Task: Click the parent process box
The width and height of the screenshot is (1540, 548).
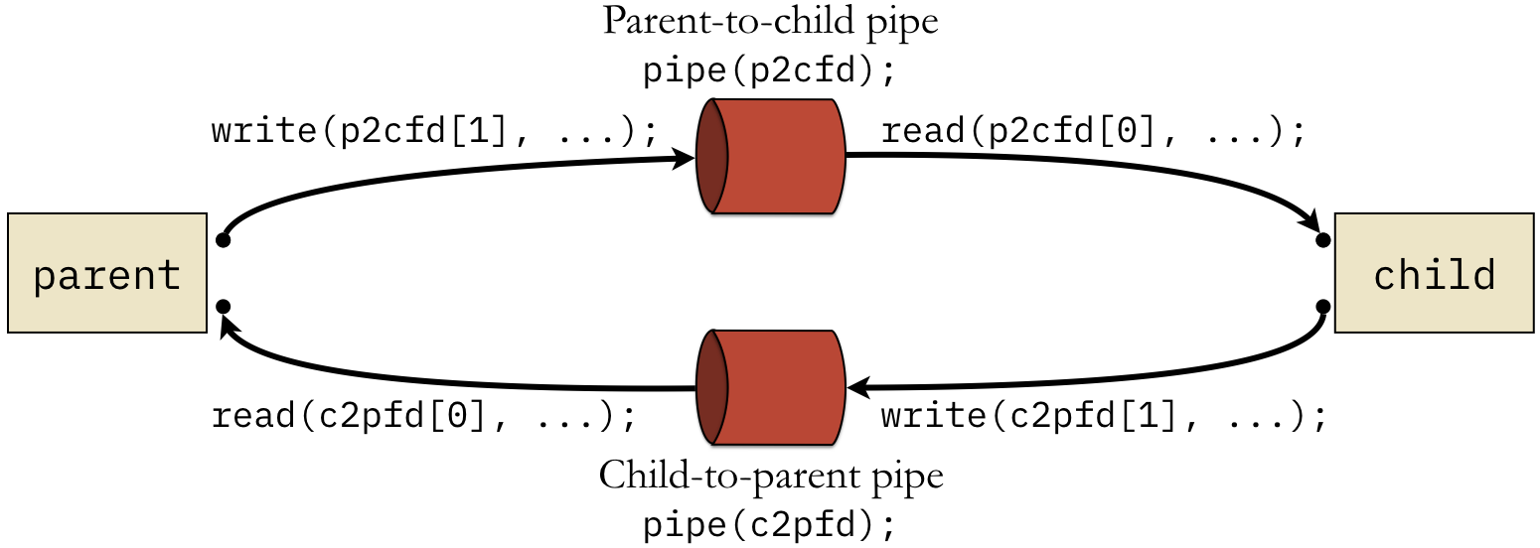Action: (x=107, y=273)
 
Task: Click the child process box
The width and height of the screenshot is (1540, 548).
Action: (x=1434, y=273)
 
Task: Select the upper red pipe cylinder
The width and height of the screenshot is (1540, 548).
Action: (x=771, y=156)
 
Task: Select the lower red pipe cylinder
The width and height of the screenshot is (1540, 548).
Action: (x=771, y=387)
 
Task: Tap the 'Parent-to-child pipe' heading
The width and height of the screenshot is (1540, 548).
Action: (x=771, y=22)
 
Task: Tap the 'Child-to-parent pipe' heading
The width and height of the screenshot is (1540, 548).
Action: (x=771, y=476)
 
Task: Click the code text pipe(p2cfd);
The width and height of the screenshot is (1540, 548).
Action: (x=770, y=70)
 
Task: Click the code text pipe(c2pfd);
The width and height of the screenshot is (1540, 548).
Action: (x=770, y=525)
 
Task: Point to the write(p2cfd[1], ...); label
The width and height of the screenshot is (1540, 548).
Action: (x=434, y=131)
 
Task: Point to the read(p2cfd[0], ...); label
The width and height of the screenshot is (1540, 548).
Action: (x=1093, y=131)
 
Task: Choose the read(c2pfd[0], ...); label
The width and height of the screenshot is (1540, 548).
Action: (x=424, y=416)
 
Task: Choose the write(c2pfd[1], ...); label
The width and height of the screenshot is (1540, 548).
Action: (x=1104, y=416)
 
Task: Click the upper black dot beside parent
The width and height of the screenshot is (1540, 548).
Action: (x=223, y=240)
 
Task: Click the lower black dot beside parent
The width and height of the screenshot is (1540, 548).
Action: (x=223, y=307)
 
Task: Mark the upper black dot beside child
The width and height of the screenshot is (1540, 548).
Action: (x=1322, y=240)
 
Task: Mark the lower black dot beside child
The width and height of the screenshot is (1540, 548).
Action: (x=1322, y=307)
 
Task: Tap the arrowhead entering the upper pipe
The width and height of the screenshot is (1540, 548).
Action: (x=684, y=159)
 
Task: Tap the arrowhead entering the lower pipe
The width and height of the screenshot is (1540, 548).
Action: (x=859, y=387)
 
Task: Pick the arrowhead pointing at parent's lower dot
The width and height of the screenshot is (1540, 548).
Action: (x=231, y=331)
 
